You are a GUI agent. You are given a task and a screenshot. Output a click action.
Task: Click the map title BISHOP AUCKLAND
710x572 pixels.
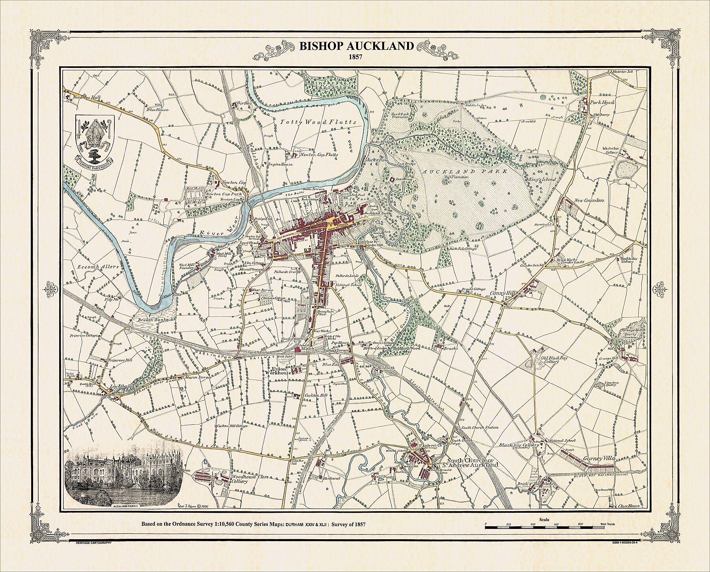coord(357,46)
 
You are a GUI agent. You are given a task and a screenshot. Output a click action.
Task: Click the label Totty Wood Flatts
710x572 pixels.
coord(318,122)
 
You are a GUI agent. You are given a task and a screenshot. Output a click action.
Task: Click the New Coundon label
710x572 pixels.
coord(589,200)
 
